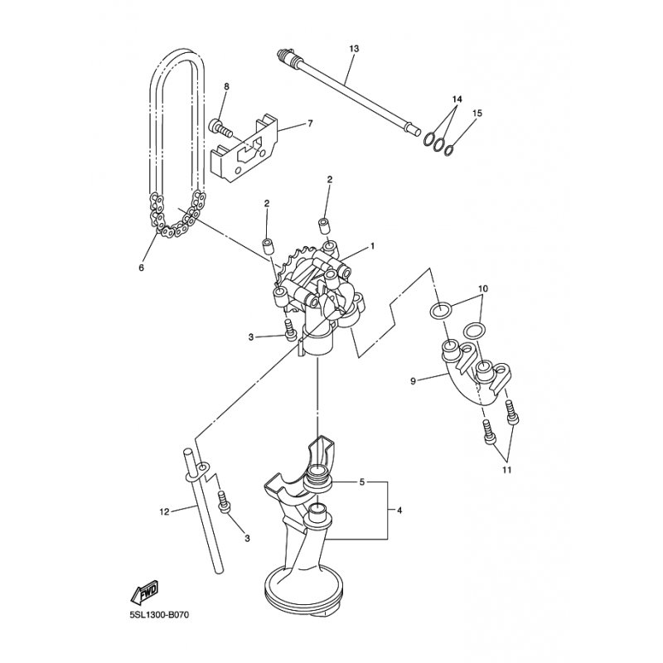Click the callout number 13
point(354,50)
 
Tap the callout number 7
point(310,123)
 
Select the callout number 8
point(226,86)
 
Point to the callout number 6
point(141,268)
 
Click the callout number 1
point(372,246)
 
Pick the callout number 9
point(414,381)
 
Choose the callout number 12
point(164,512)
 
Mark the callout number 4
point(399,511)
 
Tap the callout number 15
point(477,112)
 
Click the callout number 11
point(506,470)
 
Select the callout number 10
point(483,288)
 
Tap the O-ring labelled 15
point(448,150)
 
